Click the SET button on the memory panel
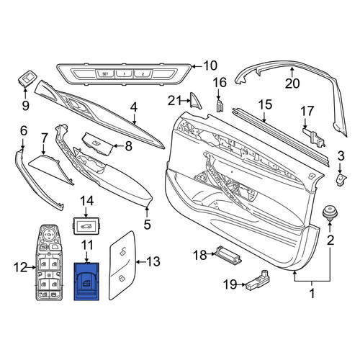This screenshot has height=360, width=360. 105,73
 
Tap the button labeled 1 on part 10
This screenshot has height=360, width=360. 124,73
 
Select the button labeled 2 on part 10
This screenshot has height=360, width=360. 143,73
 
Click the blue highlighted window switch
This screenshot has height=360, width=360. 86,282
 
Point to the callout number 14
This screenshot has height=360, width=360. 86,201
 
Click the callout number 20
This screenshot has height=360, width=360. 292,84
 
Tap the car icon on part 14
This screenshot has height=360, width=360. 86,226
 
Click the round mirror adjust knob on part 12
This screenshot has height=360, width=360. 49,233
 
